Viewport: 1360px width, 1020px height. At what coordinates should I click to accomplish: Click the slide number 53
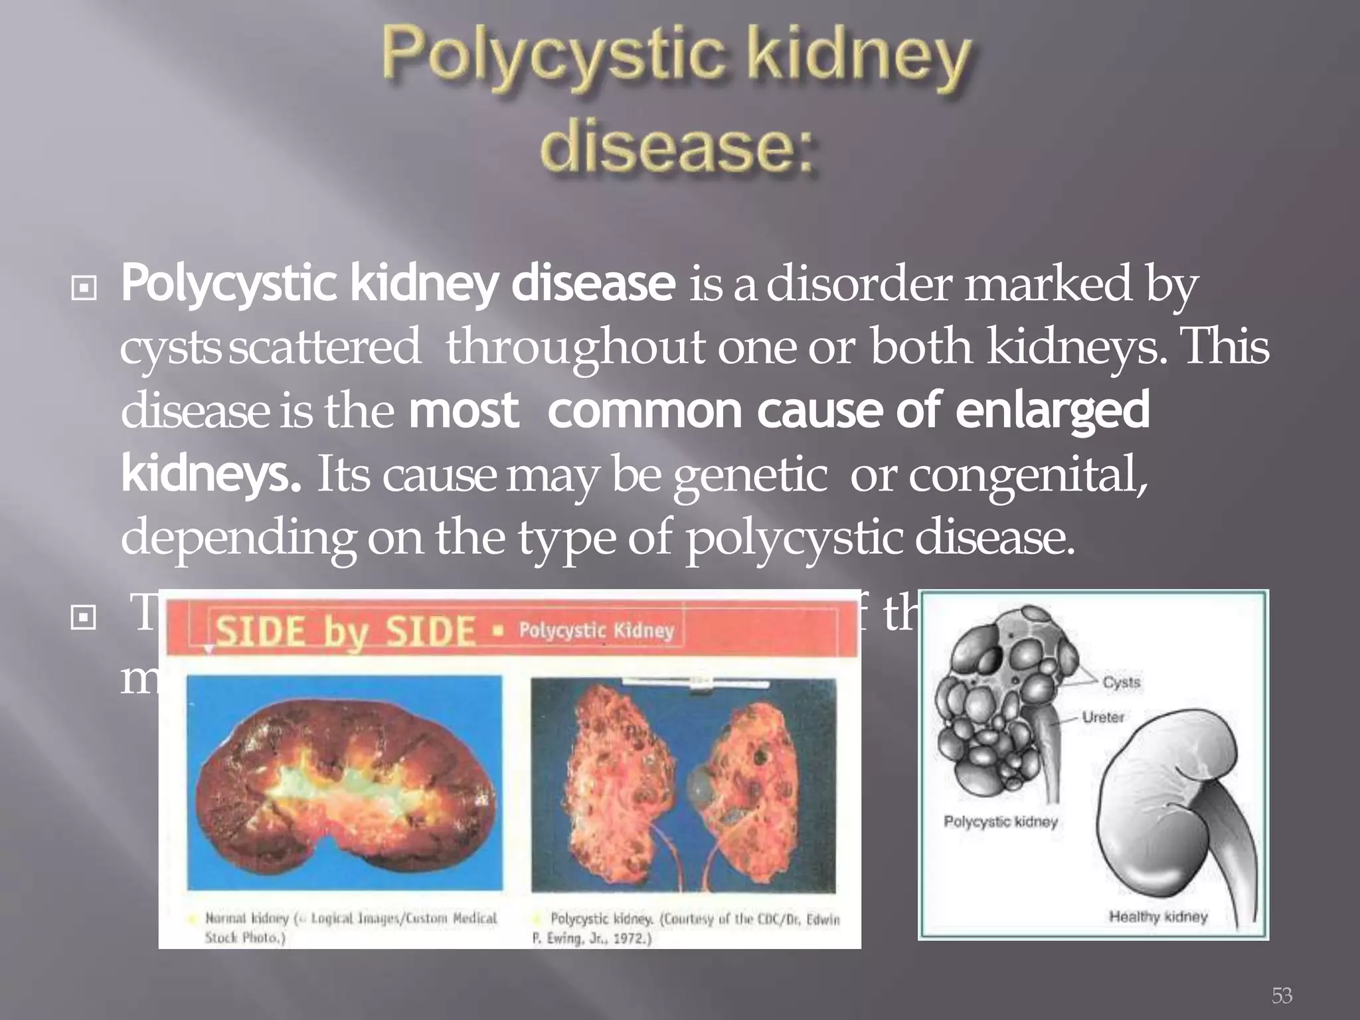[x=1282, y=995]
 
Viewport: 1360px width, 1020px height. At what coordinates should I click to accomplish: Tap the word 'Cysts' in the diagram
[x=1122, y=682]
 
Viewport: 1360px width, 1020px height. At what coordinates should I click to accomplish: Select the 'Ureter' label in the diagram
[x=1103, y=717]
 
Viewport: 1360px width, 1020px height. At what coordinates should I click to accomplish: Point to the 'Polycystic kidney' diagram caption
[x=1000, y=822]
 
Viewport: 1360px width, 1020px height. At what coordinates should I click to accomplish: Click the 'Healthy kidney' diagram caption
[x=1158, y=917]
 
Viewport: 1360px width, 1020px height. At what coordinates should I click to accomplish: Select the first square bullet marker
[x=84, y=288]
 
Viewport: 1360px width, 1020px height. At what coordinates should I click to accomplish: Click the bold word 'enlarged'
[x=1053, y=410]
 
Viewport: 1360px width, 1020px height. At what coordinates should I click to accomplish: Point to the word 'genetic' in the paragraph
[x=750, y=475]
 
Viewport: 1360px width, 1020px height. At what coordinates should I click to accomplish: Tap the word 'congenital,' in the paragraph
[x=1028, y=475]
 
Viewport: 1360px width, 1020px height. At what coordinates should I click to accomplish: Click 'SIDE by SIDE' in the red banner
[x=346, y=631]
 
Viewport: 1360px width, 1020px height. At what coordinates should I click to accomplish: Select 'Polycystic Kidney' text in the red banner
[x=596, y=630]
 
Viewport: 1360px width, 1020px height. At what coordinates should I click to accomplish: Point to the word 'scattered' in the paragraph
[x=325, y=347]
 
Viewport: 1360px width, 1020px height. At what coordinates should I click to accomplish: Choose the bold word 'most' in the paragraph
[x=464, y=410]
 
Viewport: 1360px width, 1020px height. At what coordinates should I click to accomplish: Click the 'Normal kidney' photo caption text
[x=247, y=918]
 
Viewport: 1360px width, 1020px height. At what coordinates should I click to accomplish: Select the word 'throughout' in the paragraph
[x=575, y=347]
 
